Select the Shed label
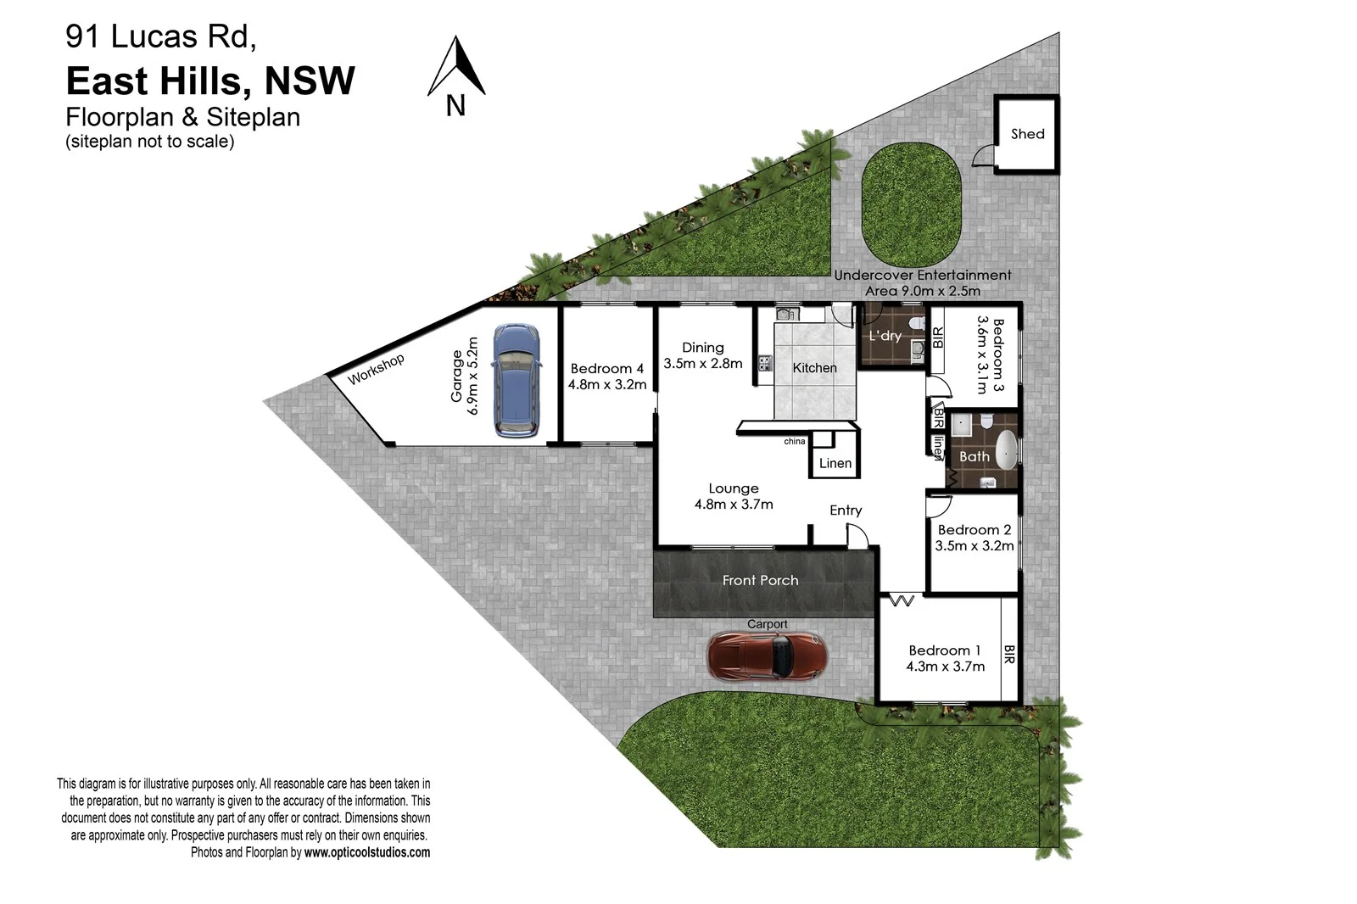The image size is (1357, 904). [x=1027, y=134]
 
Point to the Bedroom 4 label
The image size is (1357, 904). [x=606, y=369]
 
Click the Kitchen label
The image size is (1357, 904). [x=814, y=368]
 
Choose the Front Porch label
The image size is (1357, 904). [x=760, y=581]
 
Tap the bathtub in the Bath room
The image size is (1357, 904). [x=1006, y=450]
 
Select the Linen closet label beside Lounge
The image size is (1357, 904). [x=835, y=463]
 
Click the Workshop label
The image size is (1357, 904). [x=376, y=369]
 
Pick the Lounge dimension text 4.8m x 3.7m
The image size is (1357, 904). [x=734, y=505]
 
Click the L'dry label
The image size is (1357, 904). [x=885, y=336]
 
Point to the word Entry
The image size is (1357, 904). [x=846, y=511]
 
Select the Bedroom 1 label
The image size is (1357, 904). [x=944, y=650]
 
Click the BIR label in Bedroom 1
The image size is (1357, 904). [x=1009, y=655]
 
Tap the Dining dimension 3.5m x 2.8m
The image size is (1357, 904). [x=703, y=364]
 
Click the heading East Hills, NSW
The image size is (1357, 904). [x=210, y=81]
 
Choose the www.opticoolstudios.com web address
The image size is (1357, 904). [x=367, y=852]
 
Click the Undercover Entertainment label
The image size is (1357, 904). [x=922, y=276]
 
